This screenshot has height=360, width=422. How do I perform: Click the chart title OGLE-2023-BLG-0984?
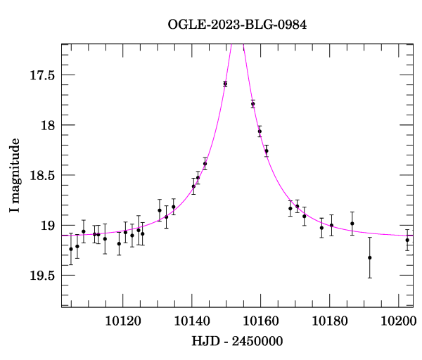coord(238,25)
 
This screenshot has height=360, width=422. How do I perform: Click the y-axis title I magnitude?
coord(15,176)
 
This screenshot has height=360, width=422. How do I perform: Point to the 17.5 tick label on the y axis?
coord(42,75)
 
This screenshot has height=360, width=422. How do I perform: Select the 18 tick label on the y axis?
coord(49,125)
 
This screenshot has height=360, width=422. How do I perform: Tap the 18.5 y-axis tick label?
coord(42,175)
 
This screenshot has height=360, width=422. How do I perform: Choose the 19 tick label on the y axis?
coord(49,226)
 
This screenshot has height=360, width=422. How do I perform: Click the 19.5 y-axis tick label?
coord(42,276)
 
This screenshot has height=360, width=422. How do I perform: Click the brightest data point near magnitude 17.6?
coord(225,84)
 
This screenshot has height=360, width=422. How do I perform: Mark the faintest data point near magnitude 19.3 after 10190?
coord(370,257)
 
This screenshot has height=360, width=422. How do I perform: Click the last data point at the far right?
coord(407,240)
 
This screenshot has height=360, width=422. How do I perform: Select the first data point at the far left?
coord(71,249)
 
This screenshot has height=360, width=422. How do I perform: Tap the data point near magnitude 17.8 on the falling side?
coord(252,103)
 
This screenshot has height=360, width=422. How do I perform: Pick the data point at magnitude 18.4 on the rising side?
coord(205,164)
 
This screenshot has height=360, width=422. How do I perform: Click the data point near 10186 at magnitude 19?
coord(352,224)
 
